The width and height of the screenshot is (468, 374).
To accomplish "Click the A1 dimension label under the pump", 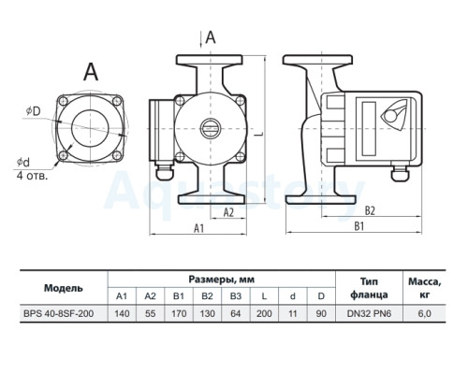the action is click(x=198, y=228).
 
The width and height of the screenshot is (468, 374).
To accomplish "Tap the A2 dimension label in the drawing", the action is click(x=228, y=212).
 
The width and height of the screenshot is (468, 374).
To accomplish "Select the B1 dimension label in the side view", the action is click(x=359, y=226).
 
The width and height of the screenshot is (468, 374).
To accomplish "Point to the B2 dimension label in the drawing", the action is click(x=370, y=210).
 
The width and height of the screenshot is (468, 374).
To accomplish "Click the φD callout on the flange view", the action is click(x=34, y=111).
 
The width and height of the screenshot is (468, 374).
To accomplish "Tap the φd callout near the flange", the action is click(x=23, y=162).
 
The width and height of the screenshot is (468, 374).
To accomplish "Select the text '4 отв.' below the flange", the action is click(x=32, y=176).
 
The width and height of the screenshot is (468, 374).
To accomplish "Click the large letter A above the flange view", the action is click(x=91, y=72).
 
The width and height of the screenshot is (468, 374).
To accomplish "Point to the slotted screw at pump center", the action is click(x=211, y=129).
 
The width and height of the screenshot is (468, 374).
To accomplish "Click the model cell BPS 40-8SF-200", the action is click(x=58, y=313).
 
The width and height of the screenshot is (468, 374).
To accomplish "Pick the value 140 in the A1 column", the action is click(x=122, y=313).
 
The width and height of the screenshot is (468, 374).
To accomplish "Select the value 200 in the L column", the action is click(x=264, y=313).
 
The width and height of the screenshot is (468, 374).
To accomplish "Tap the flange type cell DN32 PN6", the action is click(x=369, y=313).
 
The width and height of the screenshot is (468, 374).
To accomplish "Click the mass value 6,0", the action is click(x=424, y=313).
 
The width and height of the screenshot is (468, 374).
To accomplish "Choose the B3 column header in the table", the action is click(x=236, y=295).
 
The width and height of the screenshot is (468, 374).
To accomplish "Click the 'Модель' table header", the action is click(x=64, y=288).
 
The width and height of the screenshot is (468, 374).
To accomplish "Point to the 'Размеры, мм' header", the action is click(x=222, y=280).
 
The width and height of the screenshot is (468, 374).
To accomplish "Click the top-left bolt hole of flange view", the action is click(x=64, y=101).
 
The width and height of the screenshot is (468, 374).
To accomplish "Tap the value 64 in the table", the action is click(x=235, y=313).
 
